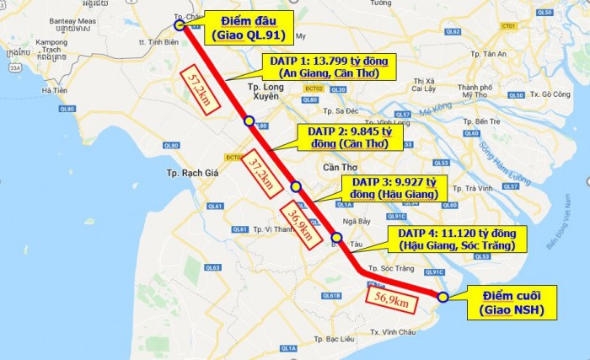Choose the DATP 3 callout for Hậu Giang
395,188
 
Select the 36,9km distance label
301,223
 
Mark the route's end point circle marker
443,296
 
